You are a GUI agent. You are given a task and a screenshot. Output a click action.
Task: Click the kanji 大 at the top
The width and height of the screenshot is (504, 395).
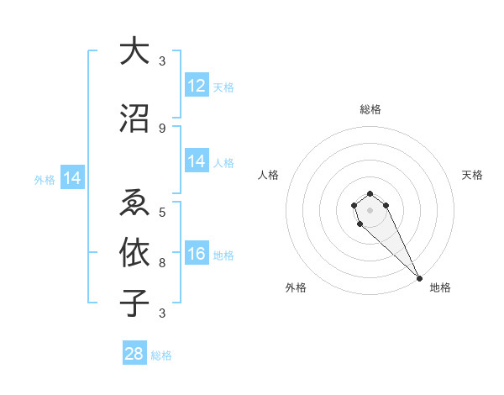click(x=134, y=51)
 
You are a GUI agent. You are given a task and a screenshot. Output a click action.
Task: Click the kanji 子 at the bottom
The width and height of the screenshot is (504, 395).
click(x=134, y=302)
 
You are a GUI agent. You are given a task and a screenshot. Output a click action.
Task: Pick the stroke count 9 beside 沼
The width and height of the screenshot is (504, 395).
click(x=162, y=129)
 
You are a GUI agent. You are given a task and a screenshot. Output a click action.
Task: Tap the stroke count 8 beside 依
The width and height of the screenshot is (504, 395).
click(x=162, y=262)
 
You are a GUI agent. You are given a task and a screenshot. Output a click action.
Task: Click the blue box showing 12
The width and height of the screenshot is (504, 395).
click(x=197, y=85)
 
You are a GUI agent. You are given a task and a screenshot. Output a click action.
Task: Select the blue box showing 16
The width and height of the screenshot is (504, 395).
click(x=197, y=255)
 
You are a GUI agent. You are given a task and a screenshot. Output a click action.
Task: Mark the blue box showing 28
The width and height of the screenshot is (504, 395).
click(x=134, y=354)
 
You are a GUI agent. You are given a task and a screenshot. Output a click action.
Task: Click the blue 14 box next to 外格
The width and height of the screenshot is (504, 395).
click(x=72, y=178)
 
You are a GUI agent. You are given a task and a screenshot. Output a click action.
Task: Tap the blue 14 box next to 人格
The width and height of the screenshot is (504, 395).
click(x=197, y=161)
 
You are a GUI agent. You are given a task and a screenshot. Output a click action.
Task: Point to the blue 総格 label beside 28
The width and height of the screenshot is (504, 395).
click(x=161, y=355)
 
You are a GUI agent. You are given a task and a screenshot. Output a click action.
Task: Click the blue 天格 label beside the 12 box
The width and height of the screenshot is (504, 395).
click(x=223, y=87)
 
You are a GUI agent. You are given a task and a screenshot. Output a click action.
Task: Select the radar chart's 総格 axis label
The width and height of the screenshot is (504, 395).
click(x=370, y=109)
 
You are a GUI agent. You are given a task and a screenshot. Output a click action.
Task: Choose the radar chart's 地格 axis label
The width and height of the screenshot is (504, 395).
click(x=440, y=287)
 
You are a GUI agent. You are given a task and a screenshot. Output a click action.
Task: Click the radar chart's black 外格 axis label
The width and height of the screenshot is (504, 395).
click(x=296, y=287)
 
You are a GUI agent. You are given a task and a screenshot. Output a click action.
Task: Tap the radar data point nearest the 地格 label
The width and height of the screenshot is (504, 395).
click(x=419, y=278)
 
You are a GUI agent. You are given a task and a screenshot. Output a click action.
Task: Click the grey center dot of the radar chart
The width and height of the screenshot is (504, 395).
click(x=370, y=209)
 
